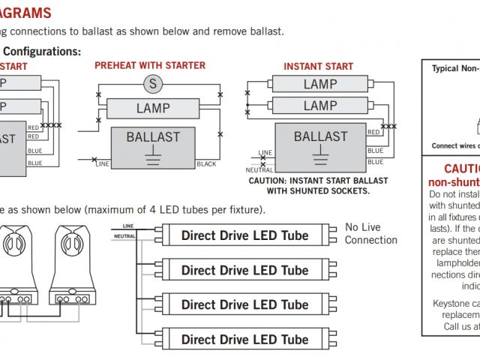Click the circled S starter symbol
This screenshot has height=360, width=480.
tap(153, 83)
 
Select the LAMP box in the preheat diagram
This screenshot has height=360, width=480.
tap(153, 108)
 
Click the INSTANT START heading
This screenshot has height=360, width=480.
tap(318, 67)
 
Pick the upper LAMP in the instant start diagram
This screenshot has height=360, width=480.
tap(319, 84)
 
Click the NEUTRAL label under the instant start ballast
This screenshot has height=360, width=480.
tap(259, 170)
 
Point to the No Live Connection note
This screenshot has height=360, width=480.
tap(370, 233)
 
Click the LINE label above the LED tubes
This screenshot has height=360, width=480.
tap(127, 226)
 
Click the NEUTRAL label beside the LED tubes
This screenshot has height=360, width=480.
tap(124, 236)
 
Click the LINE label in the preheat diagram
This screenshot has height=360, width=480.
tap(103, 163)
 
